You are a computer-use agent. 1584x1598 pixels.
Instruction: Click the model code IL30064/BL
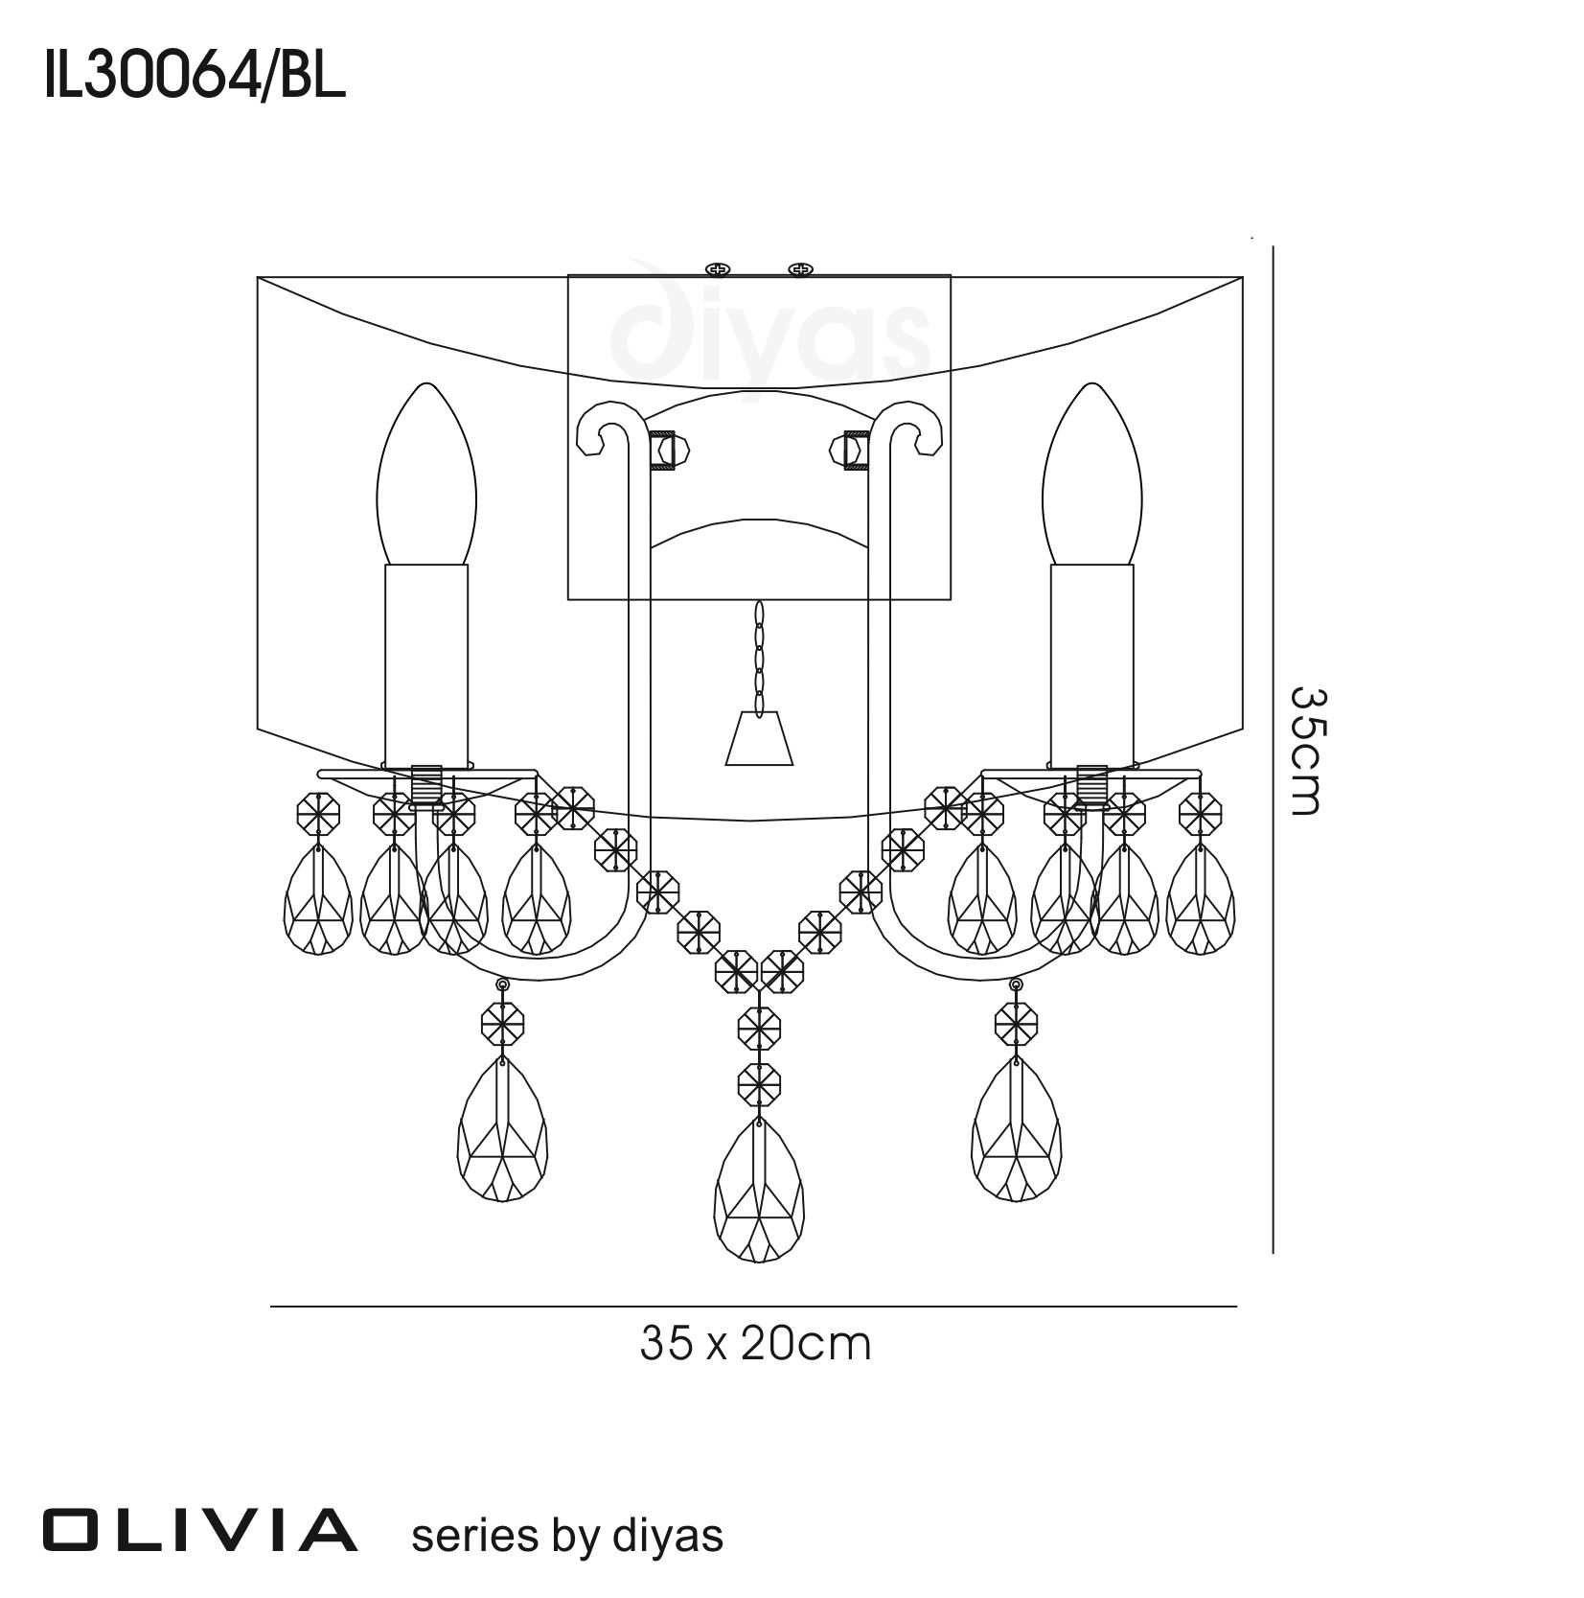pos(194,77)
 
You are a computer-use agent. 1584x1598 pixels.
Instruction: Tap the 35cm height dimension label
pos(1305,750)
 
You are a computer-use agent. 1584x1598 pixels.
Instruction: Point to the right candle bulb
pos(1092,475)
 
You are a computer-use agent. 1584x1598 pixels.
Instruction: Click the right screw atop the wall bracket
pos(799,268)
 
